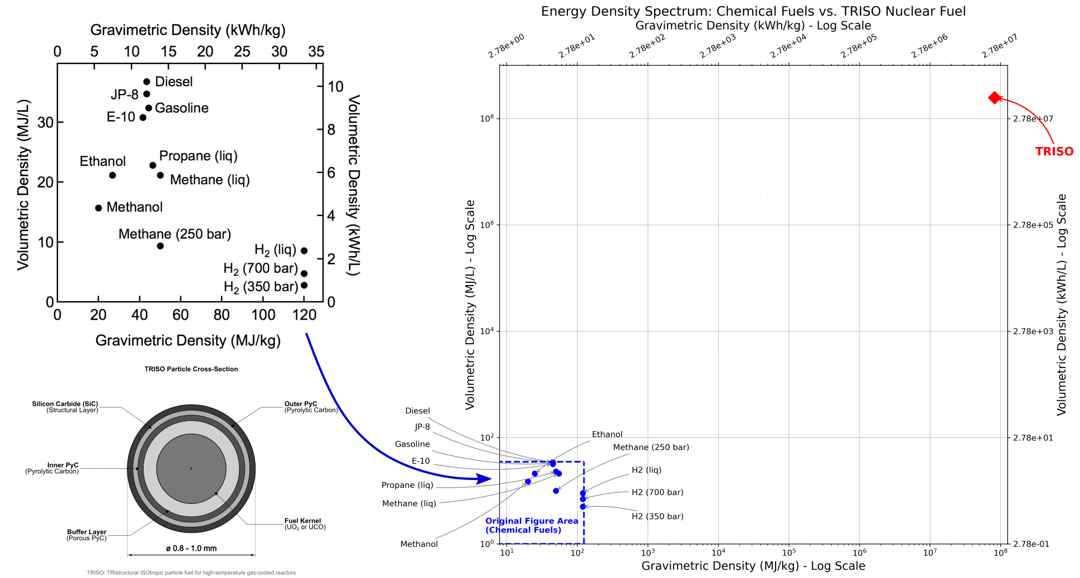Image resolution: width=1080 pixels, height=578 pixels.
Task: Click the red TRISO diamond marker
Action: (x=995, y=98)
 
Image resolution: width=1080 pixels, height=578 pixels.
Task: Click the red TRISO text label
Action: (x=1054, y=151)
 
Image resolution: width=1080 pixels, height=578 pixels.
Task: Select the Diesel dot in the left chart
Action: (x=146, y=82)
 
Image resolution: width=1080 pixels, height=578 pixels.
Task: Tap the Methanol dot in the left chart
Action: (x=99, y=208)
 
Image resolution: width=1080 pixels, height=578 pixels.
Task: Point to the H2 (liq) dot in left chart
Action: (x=304, y=251)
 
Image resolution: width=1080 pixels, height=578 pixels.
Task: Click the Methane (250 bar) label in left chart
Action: (x=174, y=234)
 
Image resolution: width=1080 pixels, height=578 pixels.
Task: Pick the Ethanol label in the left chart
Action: (x=102, y=161)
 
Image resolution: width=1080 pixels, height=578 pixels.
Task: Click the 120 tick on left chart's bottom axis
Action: (x=304, y=315)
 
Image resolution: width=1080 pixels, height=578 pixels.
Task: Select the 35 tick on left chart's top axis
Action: (x=316, y=52)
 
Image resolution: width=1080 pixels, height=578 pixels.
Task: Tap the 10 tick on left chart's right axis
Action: (x=336, y=87)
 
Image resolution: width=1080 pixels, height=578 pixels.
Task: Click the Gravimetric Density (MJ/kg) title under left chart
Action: (x=188, y=340)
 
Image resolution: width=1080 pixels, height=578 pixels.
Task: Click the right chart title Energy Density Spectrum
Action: (x=753, y=11)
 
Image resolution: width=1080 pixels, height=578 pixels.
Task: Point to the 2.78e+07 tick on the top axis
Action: (x=1000, y=46)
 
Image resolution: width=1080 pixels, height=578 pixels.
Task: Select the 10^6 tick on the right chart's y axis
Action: (x=487, y=225)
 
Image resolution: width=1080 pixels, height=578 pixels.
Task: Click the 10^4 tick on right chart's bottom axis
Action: (x=718, y=552)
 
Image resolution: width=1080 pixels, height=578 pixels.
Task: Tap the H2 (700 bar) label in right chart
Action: (x=657, y=492)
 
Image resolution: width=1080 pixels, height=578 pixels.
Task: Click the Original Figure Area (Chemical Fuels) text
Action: (x=531, y=525)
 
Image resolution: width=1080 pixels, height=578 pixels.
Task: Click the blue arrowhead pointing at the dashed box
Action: (x=484, y=479)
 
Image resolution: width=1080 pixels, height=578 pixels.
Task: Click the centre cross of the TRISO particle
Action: (x=191, y=468)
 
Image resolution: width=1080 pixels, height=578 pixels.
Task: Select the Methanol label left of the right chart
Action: (x=419, y=544)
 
